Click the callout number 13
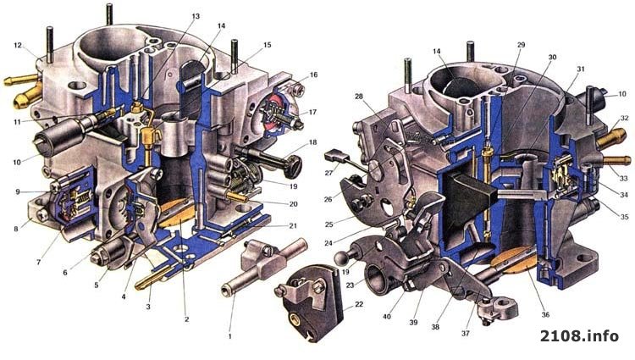coord(196,17)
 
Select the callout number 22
coord(359,304)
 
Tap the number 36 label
coord(545,314)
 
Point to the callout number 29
coord(521,45)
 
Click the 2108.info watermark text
coord(579,335)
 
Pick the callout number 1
coord(230,335)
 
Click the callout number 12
coord(18,46)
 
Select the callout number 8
coord(16,229)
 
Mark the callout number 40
coord(387,316)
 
